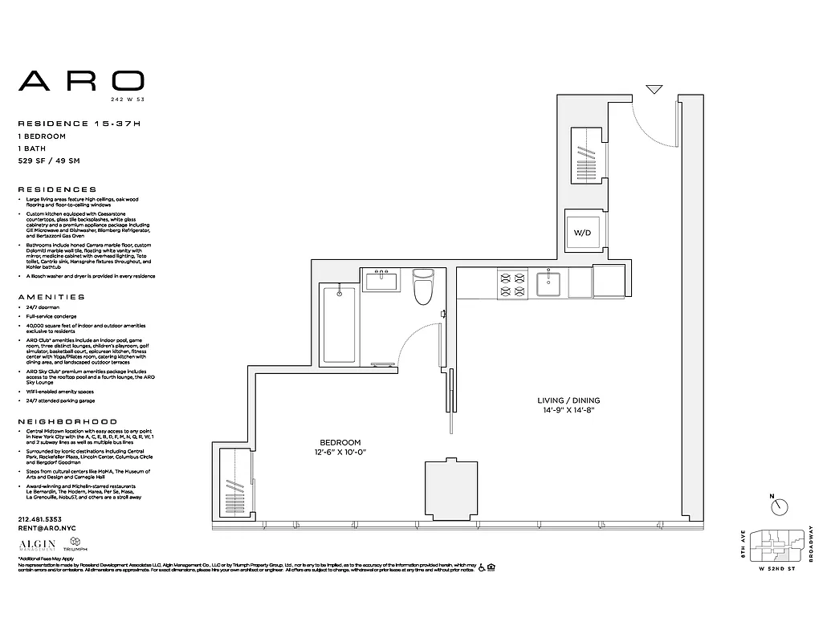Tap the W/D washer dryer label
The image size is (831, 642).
(581, 232)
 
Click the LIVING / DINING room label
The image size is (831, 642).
(568, 400)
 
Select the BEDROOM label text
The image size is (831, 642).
(340, 442)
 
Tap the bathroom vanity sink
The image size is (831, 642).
(382, 282)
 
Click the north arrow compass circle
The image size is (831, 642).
(779, 507)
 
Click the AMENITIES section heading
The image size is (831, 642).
(51, 296)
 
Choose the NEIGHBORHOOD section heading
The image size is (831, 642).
(67, 421)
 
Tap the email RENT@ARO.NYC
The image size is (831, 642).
(45, 529)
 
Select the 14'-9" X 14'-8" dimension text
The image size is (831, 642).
(568, 410)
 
